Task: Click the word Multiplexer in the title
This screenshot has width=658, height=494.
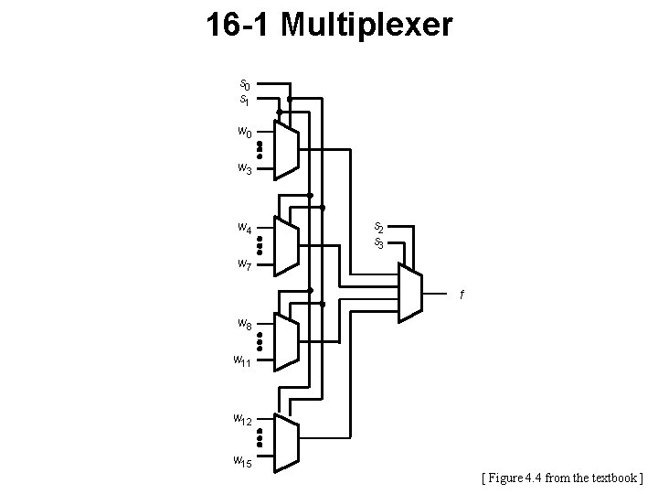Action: point(366,25)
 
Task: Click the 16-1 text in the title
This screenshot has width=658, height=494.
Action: point(239,25)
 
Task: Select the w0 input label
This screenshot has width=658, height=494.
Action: point(244,132)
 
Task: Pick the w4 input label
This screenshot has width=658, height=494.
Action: point(244,227)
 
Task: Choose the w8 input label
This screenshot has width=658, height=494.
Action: point(244,323)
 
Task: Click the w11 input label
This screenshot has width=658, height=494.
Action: point(242,360)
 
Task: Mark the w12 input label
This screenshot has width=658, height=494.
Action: point(242,420)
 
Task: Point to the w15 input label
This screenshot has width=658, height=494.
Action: point(242,459)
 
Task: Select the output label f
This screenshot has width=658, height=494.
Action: point(462,295)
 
